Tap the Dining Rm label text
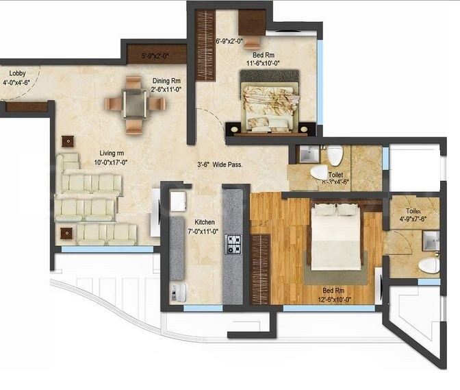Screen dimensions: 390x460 (166, 80)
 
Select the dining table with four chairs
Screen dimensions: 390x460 (135, 104)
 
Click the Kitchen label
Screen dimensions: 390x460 (204, 223)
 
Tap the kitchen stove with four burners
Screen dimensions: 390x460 (233, 243)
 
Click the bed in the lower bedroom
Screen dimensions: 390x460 (336, 236)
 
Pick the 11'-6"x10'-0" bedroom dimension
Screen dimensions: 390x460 (264, 63)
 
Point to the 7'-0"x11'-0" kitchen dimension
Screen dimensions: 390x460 (204, 232)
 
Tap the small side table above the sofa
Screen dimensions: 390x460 (67, 141)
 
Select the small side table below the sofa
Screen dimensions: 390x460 (66, 233)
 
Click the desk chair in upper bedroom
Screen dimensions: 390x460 (252, 42)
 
